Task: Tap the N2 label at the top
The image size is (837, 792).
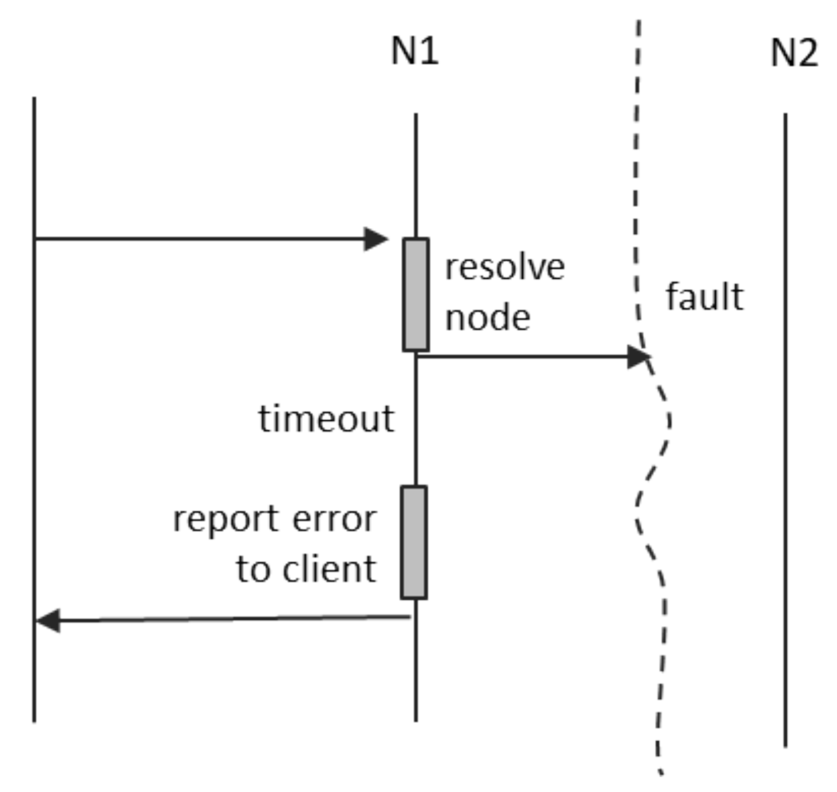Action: [794, 54]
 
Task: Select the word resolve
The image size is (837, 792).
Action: [505, 267]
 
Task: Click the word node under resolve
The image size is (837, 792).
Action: [488, 318]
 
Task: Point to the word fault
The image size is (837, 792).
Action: [704, 297]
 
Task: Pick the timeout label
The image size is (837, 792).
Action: [326, 419]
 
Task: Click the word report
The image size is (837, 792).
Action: [226, 519]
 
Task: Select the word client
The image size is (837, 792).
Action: [329, 569]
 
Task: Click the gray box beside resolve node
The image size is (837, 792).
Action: [416, 294]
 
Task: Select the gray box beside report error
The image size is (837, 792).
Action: [414, 542]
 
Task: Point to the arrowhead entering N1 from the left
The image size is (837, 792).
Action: [376, 239]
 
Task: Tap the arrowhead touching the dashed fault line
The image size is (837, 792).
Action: [638, 357]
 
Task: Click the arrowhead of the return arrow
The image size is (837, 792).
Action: [49, 621]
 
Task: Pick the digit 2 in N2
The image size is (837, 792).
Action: [807, 54]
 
